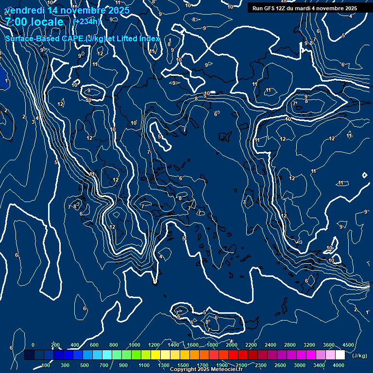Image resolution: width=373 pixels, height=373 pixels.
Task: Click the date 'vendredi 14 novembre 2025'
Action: [67, 10]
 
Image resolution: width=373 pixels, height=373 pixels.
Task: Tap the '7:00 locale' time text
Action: [34, 22]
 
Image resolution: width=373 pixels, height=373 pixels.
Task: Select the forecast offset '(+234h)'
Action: [86, 21]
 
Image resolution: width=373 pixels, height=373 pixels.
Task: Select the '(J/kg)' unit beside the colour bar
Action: [359, 356]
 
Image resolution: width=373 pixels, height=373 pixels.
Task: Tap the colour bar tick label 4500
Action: [348, 345]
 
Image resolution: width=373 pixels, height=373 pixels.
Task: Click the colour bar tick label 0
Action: [33, 345]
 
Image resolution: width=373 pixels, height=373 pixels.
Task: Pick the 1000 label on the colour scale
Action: [135, 345]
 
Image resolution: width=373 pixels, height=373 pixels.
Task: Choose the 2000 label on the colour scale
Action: [232, 345]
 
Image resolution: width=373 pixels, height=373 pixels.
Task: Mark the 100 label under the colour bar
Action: [46, 365]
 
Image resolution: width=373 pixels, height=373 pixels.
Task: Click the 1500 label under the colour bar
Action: [183, 365]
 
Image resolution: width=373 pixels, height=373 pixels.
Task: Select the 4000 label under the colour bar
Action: [339, 365]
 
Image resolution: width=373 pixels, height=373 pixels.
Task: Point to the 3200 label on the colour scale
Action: [309, 345]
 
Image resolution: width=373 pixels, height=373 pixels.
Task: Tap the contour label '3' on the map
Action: [33, 122]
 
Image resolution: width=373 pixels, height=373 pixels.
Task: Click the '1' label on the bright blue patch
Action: [6, 81]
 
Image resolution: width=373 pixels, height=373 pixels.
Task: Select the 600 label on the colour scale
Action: [94, 345]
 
